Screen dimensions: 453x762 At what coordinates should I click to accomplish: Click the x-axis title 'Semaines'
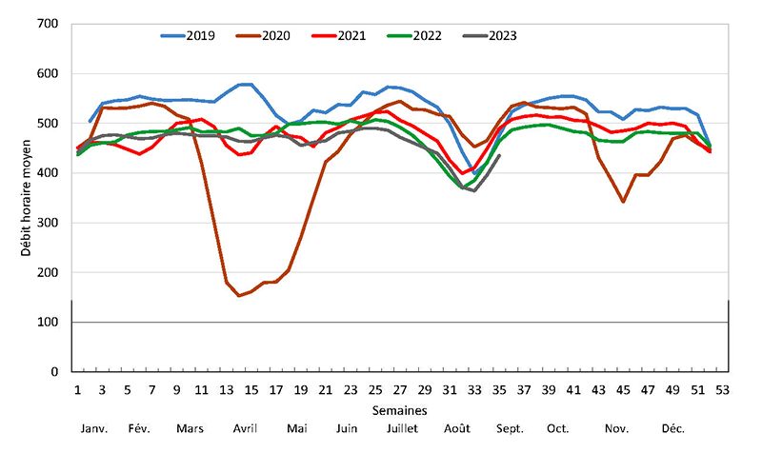(400, 409)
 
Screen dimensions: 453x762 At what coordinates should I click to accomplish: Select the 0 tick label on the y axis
(54, 372)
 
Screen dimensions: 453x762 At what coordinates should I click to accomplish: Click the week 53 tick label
(722, 390)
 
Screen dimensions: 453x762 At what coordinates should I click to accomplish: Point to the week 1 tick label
(77, 390)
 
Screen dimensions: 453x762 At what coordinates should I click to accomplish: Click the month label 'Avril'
(245, 428)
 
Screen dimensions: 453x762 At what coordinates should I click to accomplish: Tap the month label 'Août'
(458, 428)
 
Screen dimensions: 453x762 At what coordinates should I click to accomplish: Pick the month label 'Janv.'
(93, 428)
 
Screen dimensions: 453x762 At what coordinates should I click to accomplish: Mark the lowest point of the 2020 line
(239, 296)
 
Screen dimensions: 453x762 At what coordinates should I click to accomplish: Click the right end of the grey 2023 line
(500, 155)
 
